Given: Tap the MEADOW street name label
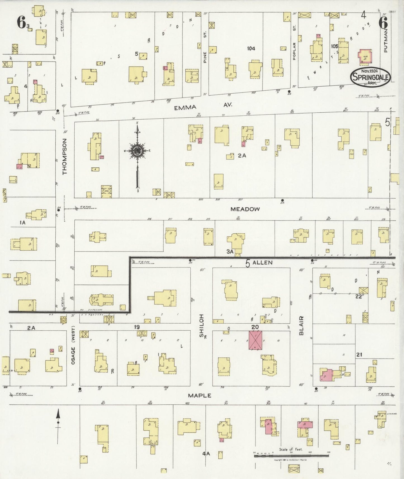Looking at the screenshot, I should [245, 209].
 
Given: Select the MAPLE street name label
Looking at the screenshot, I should [199, 395].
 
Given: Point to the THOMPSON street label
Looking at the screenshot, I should [65, 157].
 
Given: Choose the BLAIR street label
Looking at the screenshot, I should [301, 326].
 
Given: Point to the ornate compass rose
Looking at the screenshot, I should [138, 151].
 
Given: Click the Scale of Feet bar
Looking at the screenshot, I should [291, 456].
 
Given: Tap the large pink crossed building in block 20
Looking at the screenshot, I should [256, 340].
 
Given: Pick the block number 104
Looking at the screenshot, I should [251, 49].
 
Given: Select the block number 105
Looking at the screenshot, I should [334, 46].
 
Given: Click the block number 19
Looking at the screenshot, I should [137, 327].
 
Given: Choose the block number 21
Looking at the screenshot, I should [359, 355].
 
